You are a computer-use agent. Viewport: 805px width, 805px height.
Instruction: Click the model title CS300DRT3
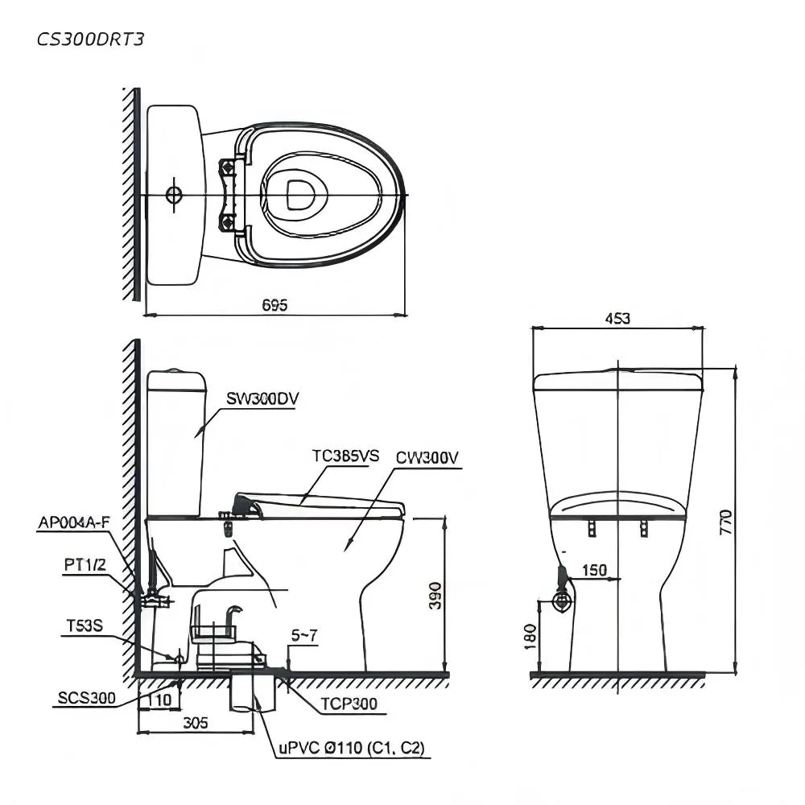tap(90, 39)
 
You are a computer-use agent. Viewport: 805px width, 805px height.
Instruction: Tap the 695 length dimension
tap(275, 305)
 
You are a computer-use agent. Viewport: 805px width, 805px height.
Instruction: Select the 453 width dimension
tap(617, 319)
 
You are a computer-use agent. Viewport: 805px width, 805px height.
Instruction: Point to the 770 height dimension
tap(725, 522)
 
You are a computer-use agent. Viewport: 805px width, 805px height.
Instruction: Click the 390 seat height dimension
tap(435, 596)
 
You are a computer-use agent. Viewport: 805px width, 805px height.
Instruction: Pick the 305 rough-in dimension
tap(196, 723)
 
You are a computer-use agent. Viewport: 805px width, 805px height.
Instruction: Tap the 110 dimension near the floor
tap(160, 700)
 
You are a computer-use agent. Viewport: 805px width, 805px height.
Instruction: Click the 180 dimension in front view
tap(530, 637)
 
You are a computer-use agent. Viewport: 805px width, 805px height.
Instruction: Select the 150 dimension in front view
tap(595, 570)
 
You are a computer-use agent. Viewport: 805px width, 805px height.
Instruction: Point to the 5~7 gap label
tap(304, 636)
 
